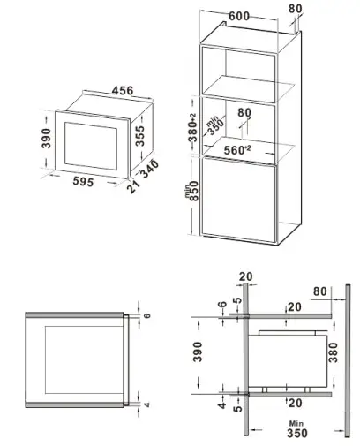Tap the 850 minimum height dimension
coord(192,208)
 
